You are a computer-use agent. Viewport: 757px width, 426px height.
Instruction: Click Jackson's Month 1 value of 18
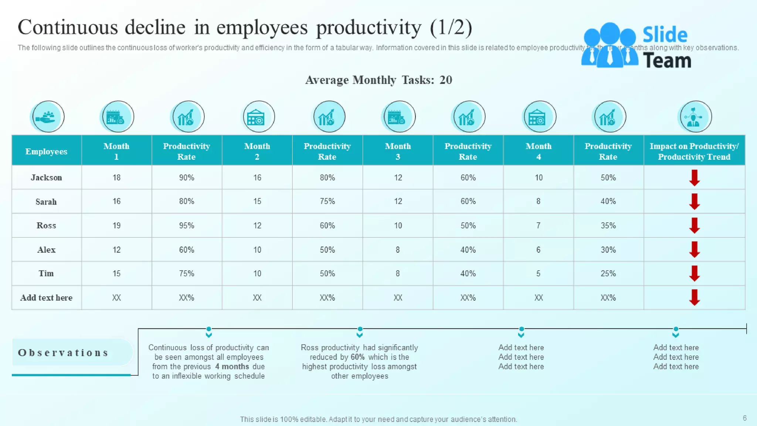(x=116, y=177)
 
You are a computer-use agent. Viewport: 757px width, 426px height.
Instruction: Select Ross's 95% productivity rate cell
(x=186, y=226)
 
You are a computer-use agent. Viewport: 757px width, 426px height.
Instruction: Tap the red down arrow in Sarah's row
(x=694, y=202)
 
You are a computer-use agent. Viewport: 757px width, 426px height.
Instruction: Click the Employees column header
(x=46, y=151)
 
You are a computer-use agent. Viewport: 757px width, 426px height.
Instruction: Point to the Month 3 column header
(x=398, y=151)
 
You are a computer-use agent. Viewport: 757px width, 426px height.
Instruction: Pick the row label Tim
(x=46, y=273)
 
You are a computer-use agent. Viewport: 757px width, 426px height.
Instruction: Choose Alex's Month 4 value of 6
(x=538, y=250)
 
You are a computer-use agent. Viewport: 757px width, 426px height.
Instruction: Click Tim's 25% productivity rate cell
(x=608, y=273)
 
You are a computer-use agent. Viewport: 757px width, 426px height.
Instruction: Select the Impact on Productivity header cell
(x=694, y=151)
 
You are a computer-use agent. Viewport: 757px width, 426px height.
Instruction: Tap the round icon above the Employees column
(x=47, y=117)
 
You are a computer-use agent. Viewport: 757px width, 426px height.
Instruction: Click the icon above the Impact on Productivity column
(x=695, y=117)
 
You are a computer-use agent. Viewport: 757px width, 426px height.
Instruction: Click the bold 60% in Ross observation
(x=357, y=357)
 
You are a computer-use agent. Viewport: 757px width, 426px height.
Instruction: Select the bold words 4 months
(x=232, y=366)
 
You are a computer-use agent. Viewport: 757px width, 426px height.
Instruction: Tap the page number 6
(x=744, y=418)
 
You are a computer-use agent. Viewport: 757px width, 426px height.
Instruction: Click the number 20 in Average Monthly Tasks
(x=446, y=80)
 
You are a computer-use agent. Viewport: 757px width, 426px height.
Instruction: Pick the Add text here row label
(x=46, y=298)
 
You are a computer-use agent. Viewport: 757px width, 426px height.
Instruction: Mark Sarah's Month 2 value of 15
(x=257, y=201)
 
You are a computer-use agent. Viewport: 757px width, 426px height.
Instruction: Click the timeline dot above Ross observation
(x=360, y=329)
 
